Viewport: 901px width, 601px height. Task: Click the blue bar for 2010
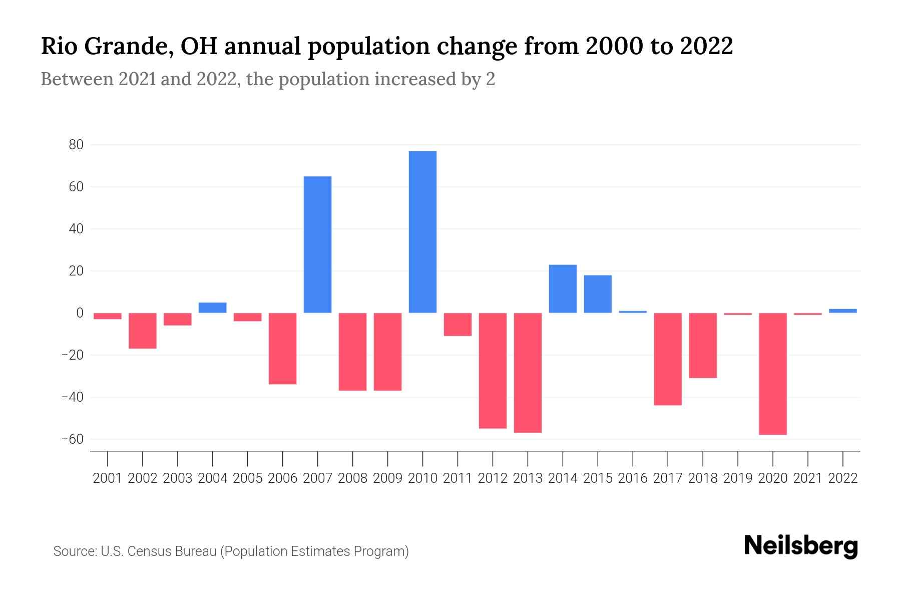(x=422, y=232)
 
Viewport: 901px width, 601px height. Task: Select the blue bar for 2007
(x=317, y=244)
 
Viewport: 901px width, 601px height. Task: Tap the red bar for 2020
(x=773, y=374)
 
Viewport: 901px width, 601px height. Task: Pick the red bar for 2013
(x=528, y=373)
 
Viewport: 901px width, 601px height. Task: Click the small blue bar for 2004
(x=213, y=308)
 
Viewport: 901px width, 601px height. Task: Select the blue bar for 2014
(x=563, y=288)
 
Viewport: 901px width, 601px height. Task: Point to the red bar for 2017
(x=668, y=359)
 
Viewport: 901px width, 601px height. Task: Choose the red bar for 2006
(x=283, y=348)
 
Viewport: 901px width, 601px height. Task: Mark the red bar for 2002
(x=143, y=331)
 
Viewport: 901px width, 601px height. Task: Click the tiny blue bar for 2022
(x=843, y=311)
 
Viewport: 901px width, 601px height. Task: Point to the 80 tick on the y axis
(x=76, y=145)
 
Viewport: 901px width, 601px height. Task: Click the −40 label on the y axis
(x=73, y=397)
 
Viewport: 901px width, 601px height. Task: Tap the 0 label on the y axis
(x=80, y=313)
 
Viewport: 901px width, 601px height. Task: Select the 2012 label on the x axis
(x=493, y=478)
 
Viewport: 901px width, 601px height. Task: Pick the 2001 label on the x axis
(x=108, y=478)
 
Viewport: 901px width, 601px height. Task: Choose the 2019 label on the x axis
(x=738, y=478)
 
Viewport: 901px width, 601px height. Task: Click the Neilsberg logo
(x=801, y=546)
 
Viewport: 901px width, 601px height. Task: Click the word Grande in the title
(x=127, y=47)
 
